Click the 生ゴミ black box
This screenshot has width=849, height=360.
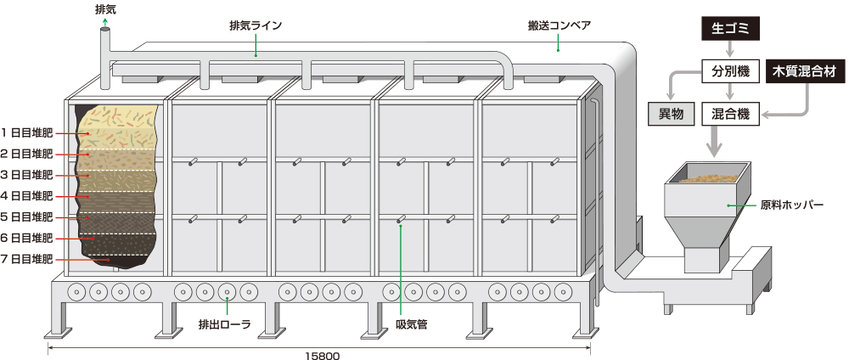click(728, 29)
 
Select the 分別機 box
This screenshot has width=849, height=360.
click(728, 71)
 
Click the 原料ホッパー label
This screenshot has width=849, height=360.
click(791, 205)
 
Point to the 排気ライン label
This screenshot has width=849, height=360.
click(255, 25)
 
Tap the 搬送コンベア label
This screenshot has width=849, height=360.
click(559, 25)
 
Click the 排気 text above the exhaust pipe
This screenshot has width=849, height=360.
click(104, 9)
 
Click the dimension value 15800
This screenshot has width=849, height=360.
click(322, 355)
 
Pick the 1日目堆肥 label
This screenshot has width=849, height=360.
click(26, 132)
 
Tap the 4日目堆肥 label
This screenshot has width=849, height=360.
click(26, 196)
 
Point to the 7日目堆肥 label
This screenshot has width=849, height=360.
click(26, 259)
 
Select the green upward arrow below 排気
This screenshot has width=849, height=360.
click(104, 22)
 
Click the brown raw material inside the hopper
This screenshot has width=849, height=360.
click(709, 177)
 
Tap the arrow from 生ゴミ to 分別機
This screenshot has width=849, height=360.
click(728, 49)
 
